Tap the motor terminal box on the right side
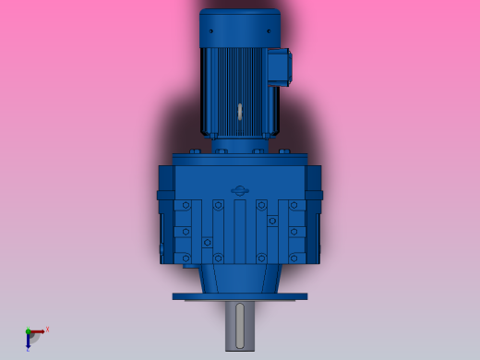click(280, 67)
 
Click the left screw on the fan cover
click(210, 31)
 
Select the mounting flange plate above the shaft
click(239, 296)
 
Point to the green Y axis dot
click(28, 331)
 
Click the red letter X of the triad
click(47, 329)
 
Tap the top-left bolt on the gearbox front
click(186, 205)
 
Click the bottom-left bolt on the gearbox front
click(186, 258)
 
